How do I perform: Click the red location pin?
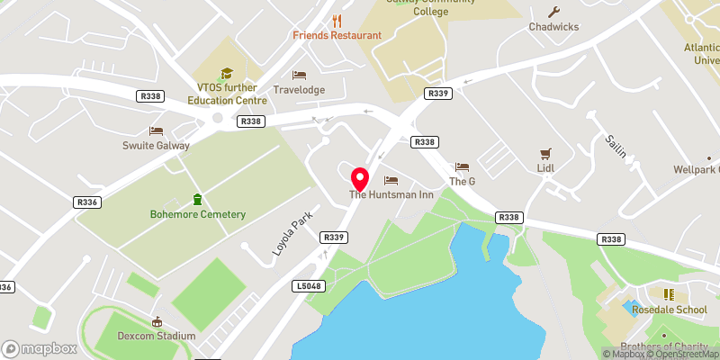360,177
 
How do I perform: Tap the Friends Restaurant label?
337,35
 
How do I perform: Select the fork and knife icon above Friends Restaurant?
337,20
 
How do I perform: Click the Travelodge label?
299,90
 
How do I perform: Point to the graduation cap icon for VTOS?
227,73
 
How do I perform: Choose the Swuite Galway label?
156,145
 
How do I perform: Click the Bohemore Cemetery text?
197,214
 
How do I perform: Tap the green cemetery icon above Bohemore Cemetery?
197,199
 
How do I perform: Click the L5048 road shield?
308,285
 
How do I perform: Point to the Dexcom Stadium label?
157,336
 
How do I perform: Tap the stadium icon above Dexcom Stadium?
157,321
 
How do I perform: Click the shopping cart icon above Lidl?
544,154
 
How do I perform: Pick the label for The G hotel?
462,181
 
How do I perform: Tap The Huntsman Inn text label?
391,195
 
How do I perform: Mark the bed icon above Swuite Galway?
156,130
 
